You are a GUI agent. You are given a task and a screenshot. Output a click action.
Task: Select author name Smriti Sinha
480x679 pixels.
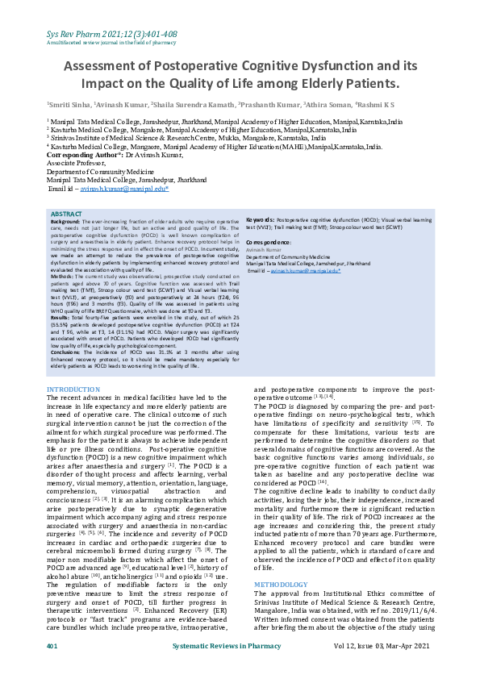coord(69,104)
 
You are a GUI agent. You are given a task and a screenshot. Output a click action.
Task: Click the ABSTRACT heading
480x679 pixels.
coord(66,214)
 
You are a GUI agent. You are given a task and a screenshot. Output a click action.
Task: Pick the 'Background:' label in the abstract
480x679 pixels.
coord(65,220)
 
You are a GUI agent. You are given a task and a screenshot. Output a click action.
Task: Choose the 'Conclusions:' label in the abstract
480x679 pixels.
coord(67,352)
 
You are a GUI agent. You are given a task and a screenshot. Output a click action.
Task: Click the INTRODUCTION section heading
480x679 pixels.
coord(73,389)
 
